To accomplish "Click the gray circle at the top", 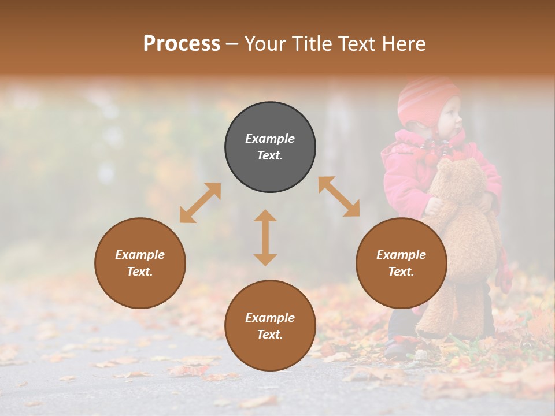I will coord(270,147).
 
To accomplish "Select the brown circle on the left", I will coord(140,263).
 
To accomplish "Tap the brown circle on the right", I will coord(401,263).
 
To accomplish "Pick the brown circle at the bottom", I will coord(270,326).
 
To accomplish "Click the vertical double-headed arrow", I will coord(265,237).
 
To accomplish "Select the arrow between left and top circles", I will coord(200,203).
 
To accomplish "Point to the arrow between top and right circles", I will coord(339,196).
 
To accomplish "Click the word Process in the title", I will coord(182,44).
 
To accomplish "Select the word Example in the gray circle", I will coord(270,139).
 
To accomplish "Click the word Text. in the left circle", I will coord(140,272).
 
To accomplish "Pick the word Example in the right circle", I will coord(401,255).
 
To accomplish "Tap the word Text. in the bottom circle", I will coord(270,335).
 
